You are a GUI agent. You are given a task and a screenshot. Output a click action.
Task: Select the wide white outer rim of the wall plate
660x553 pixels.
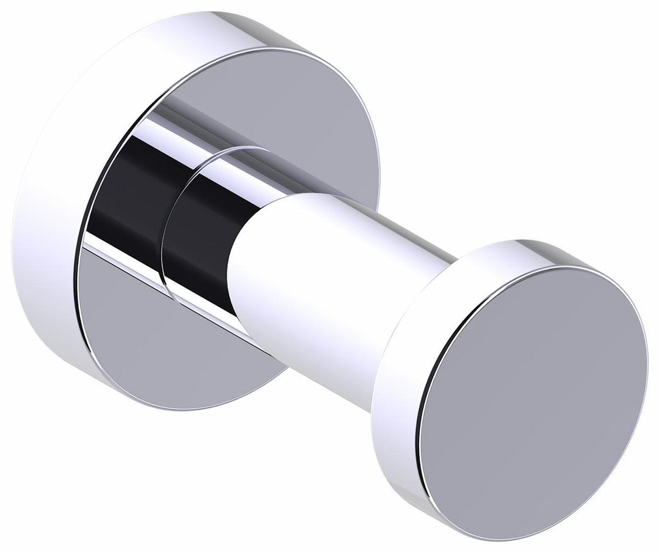coord(49,245)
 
